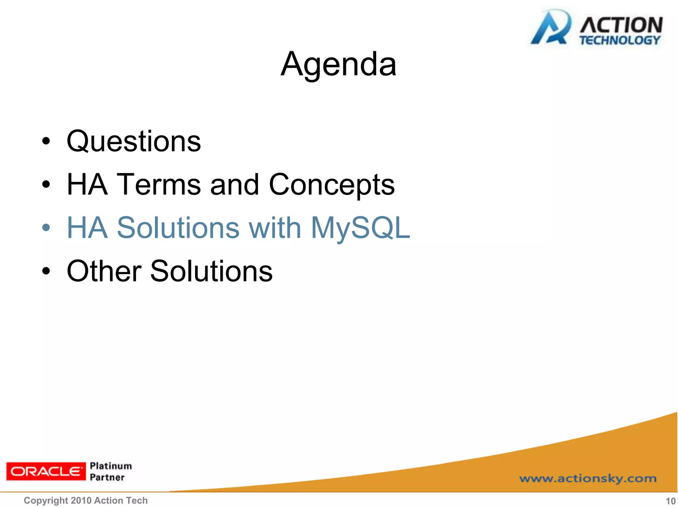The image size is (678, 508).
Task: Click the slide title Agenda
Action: pyautogui.click(x=338, y=64)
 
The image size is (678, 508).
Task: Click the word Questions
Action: pyautogui.click(x=134, y=142)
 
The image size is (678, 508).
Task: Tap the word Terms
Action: pyautogui.click(x=159, y=185)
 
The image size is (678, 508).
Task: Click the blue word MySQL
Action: pyautogui.click(x=361, y=228)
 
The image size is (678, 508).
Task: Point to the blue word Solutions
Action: pyautogui.click(x=178, y=228)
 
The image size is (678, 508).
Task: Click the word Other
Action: pyautogui.click(x=104, y=271)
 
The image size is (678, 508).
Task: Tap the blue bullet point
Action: pyautogui.click(x=46, y=228)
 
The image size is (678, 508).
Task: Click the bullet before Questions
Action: pyautogui.click(x=46, y=142)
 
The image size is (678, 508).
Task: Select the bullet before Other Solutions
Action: pyautogui.click(x=46, y=271)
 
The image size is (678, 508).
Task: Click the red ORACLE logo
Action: pyautogui.click(x=46, y=471)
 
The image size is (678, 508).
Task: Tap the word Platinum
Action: pyautogui.click(x=111, y=466)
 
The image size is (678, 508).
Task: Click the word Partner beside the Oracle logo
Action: pyautogui.click(x=107, y=477)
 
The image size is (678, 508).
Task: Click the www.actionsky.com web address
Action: pyautogui.click(x=588, y=479)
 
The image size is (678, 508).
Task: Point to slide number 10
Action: pyautogui.click(x=670, y=501)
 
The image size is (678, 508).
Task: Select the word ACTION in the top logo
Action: pyautogui.click(x=621, y=25)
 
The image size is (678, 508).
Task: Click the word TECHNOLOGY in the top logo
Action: pyautogui.click(x=620, y=40)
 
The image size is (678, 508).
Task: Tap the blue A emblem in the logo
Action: pyautogui.click(x=550, y=28)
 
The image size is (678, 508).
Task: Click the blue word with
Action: pyautogui.click(x=275, y=228)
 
